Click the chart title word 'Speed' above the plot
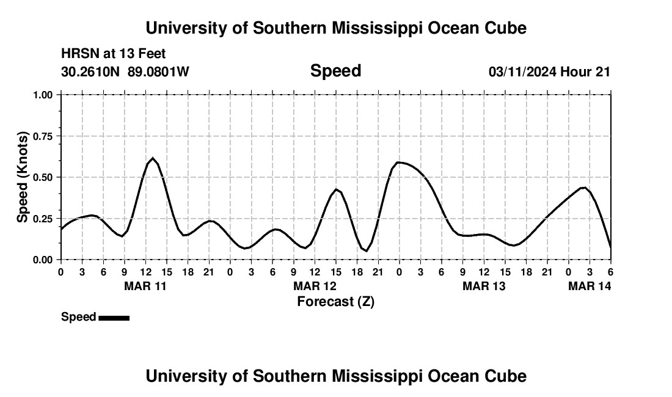pos(335,71)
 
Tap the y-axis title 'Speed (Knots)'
pos(23,177)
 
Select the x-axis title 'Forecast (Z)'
pos(335,301)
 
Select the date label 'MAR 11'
pos(145,286)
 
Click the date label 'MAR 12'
pos(315,286)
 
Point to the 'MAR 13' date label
pos(484,286)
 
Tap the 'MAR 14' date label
pos(590,286)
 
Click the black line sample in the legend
pos(114,318)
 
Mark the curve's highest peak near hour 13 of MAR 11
pos(153,158)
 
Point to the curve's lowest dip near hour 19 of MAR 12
pos(365,250)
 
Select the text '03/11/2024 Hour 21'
pos(549,72)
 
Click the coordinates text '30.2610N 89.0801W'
pos(125,72)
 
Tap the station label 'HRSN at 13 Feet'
pos(114,54)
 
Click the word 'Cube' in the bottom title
pos(507,376)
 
